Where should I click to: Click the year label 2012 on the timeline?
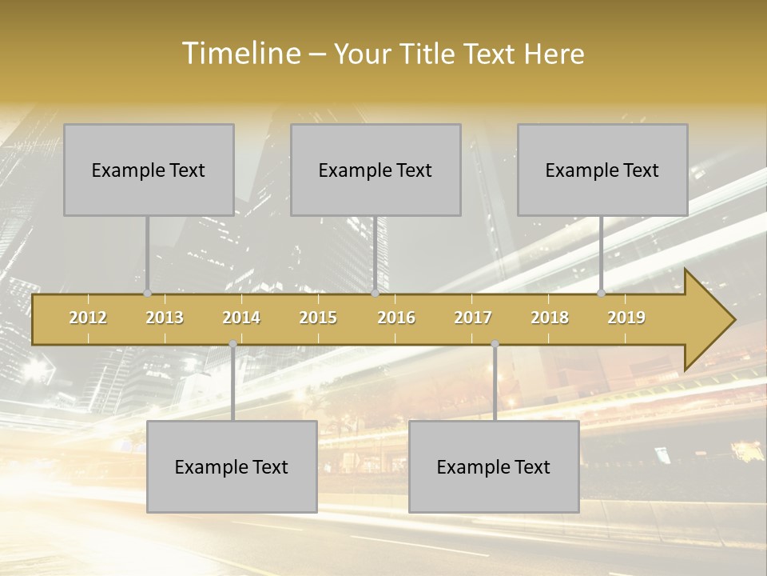tap(88, 318)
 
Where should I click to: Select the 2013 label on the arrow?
tap(165, 318)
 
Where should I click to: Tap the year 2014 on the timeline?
tap(241, 318)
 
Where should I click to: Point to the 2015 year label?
tap(318, 318)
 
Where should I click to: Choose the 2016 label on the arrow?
tap(396, 318)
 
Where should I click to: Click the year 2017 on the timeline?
tap(473, 318)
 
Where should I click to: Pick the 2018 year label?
tap(550, 318)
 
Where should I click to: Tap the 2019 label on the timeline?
tap(626, 318)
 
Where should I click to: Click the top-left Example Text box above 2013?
tap(149, 170)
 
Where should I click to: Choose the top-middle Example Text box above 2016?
tap(376, 170)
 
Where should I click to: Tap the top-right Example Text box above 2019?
tap(602, 170)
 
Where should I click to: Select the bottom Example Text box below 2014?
tap(232, 466)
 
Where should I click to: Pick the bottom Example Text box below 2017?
tap(494, 466)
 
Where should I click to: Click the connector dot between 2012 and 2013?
tap(147, 294)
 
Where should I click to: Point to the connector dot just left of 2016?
tap(375, 294)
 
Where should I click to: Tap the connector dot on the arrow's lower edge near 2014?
tap(232, 344)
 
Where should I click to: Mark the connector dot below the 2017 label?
tap(495, 344)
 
